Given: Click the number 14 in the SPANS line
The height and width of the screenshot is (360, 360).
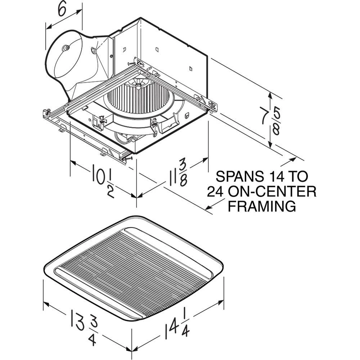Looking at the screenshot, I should coord(274,177).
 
